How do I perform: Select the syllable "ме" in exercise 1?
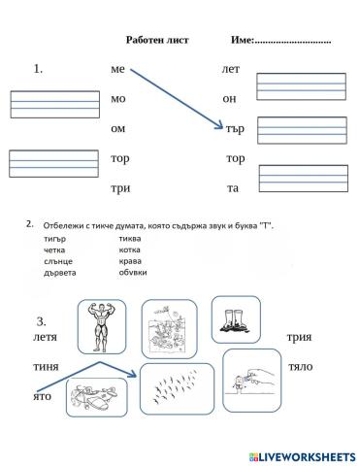tap(118, 70)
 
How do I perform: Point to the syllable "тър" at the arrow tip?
tap(235, 127)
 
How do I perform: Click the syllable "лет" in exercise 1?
tap(231, 70)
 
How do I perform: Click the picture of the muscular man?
tap(100, 323)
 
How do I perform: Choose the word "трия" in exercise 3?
tap(298, 337)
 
